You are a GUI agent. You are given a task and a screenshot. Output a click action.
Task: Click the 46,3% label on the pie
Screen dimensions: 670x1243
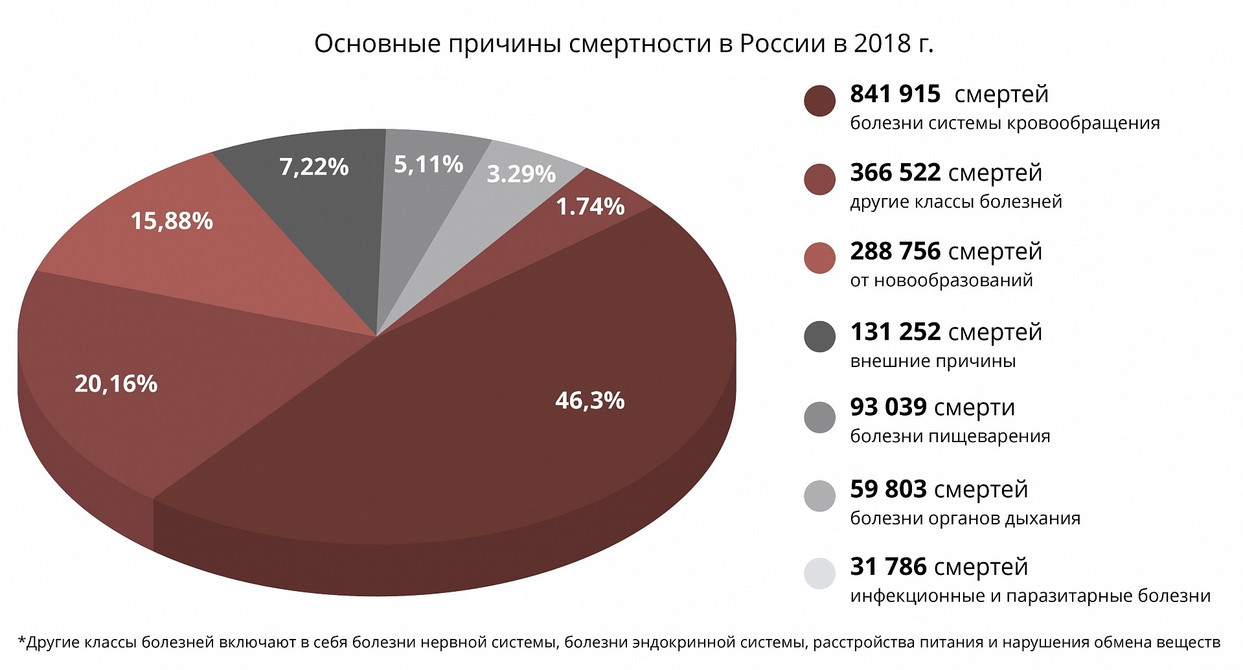tap(589, 401)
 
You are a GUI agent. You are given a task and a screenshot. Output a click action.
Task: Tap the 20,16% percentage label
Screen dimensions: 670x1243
tap(116, 384)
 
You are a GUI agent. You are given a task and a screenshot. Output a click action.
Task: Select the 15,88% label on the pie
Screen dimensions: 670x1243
tap(172, 221)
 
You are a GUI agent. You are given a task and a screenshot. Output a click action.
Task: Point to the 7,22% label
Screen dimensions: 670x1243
tap(314, 167)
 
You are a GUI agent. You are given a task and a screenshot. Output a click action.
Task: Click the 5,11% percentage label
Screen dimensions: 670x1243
tap(428, 164)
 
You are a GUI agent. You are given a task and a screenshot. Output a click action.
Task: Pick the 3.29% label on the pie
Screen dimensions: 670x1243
tap(521, 174)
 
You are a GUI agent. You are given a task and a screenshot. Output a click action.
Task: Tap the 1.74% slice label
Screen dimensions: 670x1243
tap(590, 207)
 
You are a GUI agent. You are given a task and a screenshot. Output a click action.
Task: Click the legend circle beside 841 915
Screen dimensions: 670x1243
tap(819, 101)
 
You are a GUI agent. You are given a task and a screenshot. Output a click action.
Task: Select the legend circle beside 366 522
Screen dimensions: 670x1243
tap(819, 179)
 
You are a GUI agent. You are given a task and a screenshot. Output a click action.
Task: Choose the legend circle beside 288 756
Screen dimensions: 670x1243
tap(819, 258)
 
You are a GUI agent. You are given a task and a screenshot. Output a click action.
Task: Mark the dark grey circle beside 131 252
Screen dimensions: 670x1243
tap(819, 337)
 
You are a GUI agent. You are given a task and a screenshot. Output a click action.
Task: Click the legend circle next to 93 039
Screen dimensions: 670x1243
tap(819, 417)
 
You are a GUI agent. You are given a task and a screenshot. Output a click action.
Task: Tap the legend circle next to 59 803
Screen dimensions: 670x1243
tap(819, 496)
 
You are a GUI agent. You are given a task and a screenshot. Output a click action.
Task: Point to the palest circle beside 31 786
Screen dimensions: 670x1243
tap(819, 574)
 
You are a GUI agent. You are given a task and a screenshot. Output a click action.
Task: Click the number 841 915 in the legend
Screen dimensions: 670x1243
tap(895, 95)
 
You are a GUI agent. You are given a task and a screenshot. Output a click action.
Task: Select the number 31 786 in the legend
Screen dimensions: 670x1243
tap(888, 567)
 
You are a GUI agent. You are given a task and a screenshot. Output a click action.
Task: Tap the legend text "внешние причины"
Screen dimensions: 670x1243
tap(933, 361)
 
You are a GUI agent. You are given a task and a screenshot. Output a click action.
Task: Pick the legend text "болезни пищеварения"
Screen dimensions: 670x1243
tap(950, 436)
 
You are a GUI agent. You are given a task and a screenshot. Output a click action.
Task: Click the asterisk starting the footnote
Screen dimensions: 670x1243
tap(22, 642)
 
